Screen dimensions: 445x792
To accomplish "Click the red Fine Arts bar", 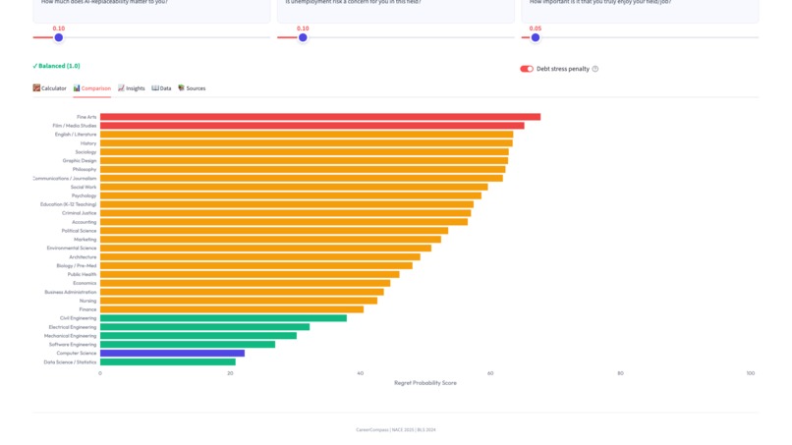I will click(319, 117).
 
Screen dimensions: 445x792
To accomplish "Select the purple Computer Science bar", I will click(172, 353).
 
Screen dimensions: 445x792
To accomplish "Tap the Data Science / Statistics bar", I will click(167, 362).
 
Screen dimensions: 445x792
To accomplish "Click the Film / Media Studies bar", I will click(311, 126).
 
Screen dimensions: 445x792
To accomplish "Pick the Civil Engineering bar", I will click(223, 318).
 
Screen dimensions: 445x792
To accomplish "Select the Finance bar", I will click(231, 309).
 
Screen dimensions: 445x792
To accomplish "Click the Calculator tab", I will click(50, 88).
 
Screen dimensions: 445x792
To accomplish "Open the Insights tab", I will click(132, 88).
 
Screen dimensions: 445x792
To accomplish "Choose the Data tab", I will click(161, 88).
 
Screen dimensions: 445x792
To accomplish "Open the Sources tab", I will click(192, 88).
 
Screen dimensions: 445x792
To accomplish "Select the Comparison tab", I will click(92, 88).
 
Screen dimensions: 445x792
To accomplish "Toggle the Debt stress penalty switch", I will click(527, 69).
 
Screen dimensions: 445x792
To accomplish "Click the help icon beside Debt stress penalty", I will click(595, 69).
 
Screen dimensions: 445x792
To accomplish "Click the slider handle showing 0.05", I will click(536, 38).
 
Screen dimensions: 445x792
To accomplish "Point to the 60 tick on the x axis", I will click(490, 373).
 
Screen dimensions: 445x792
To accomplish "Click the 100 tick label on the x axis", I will click(751, 373).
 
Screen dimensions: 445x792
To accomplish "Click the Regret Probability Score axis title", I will click(424, 383).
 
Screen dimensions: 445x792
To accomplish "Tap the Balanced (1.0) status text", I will click(56, 66).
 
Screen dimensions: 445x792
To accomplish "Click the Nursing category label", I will click(87, 301).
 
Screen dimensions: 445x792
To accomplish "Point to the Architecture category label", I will click(83, 257).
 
